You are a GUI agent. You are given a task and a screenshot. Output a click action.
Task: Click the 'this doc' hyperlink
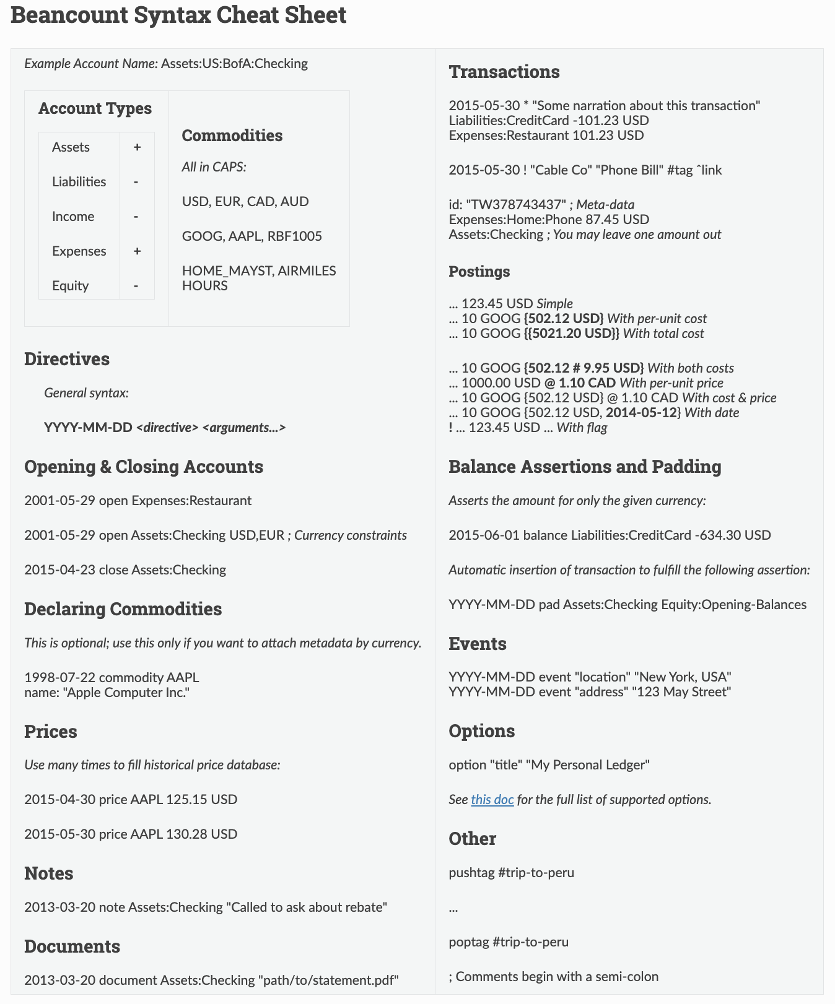(x=492, y=800)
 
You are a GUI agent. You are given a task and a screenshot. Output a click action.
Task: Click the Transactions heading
(x=504, y=72)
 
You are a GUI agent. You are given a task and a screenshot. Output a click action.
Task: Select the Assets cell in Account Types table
(x=71, y=147)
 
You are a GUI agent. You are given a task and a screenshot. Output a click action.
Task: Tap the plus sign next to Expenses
(x=137, y=251)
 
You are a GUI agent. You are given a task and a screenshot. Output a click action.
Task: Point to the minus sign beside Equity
(x=136, y=286)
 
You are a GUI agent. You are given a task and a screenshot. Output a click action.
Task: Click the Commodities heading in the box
(x=232, y=136)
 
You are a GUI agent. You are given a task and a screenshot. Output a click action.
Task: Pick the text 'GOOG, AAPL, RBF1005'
(x=251, y=236)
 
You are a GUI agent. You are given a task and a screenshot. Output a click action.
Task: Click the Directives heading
(x=67, y=359)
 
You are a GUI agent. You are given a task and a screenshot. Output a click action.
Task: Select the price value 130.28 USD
(x=201, y=834)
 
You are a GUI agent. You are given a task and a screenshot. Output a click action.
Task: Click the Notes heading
(x=48, y=873)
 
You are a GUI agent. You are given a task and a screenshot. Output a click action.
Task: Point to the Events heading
(x=477, y=644)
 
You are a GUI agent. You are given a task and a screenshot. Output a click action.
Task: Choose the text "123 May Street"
(x=681, y=692)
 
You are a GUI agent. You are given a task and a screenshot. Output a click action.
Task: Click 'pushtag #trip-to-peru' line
(x=511, y=873)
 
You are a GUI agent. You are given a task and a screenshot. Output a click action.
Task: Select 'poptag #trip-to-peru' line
(x=509, y=942)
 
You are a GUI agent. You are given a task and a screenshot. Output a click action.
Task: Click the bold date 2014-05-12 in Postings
(x=642, y=413)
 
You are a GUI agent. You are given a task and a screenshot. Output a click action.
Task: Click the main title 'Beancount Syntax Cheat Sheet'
(x=178, y=15)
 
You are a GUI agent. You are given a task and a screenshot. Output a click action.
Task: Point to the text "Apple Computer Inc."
(x=126, y=693)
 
